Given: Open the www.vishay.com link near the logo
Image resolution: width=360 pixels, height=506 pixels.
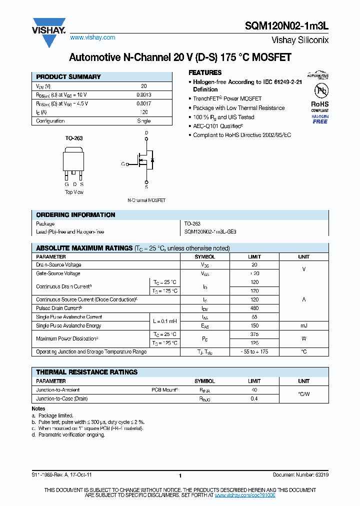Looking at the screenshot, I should pyautogui.click(x=92, y=37).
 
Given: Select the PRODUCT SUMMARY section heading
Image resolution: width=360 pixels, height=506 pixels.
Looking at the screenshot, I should pyautogui.click(x=68, y=77).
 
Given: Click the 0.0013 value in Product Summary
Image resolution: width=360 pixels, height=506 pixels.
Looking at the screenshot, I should pyautogui.click(x=143, y=95).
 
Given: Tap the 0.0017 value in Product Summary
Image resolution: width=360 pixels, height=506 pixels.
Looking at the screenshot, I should pyautogui.click(x=143, y=103).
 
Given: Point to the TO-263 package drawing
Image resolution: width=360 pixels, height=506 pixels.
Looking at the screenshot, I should pyautogui.click(x=74, y=160).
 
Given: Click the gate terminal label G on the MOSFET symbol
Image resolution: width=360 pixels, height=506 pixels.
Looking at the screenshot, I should pyautogui.click(x=122, y=164).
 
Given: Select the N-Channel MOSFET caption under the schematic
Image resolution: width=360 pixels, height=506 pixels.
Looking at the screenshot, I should pyautogui.click(x=146, y=200).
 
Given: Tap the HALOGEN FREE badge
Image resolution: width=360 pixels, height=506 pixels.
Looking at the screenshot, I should pyautogui.click(x=320, y=118).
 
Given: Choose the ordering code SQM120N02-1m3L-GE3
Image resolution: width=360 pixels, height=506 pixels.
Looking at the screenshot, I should pyautogui.click(x=210, y=232).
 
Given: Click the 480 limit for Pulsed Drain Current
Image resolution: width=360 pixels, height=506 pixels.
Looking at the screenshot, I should pyautogui.click(x=254, y=308).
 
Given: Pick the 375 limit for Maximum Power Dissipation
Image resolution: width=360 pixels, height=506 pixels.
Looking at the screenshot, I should pyautogui.click(x=254, y=334).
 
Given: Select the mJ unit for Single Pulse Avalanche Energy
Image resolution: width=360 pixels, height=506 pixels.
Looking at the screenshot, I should pyautogui.click(x=303, y=325).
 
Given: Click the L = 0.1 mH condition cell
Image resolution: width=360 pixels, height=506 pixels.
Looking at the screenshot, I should pyautogui.click(x=164, y=321).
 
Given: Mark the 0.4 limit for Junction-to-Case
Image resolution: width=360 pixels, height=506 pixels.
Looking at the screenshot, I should pyautogui.click(x=254, y=398).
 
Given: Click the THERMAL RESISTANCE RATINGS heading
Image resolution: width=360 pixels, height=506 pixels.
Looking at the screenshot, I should pyautogui.click(x=86, y=372).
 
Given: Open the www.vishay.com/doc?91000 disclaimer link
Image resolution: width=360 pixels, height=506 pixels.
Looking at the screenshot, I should pyautogui.click(x=245, y=494).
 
